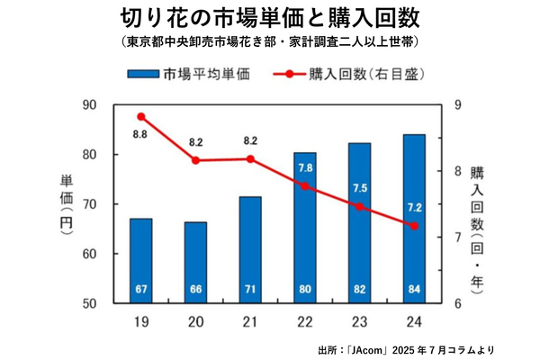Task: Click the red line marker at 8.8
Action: point(141,117)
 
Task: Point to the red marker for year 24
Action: point(415,226)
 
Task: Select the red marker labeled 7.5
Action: point(360,207)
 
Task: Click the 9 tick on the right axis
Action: point(458,105)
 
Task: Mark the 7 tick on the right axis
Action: point(458,238)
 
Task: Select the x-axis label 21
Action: point(250,319)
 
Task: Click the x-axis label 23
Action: point(360,319)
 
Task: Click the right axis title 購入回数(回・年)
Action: point(477,224)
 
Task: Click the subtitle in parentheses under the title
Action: point(269,42)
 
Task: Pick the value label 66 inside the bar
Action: point(196,288)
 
